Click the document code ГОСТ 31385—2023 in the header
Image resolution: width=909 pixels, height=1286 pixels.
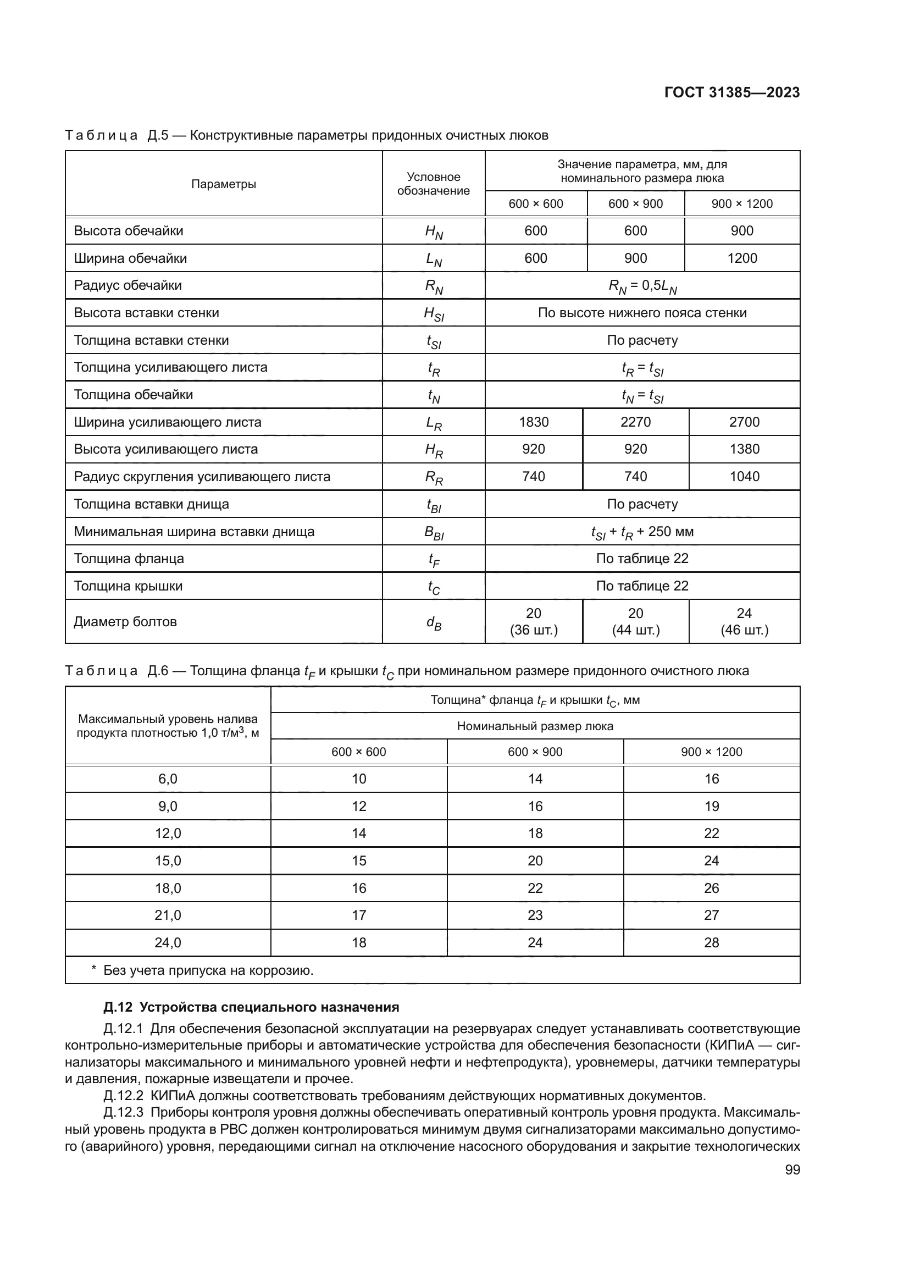[x=731, y=93]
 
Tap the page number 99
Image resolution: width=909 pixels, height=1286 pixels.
[x=792, y=1169]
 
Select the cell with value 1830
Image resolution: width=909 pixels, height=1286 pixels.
[x=534, y=422]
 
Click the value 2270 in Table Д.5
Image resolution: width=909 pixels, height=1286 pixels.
[x=635, y=422]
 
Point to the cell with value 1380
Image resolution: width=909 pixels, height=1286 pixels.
[x=744, y=449]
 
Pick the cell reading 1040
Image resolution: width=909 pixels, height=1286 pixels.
[x=744, y=476]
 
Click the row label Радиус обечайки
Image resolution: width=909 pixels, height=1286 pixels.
[x=128, y=285]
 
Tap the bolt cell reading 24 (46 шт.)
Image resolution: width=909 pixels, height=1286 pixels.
[x=744, y=622]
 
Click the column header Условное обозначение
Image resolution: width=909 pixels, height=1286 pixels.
[x=433, y=184]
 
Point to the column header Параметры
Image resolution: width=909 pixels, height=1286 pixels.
[x=223, y=184]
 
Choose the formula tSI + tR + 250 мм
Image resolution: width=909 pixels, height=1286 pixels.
[x=642, y=532]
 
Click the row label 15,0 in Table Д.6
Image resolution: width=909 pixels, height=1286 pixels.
[x=168, y=861]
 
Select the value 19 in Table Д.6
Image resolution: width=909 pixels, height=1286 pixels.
[x=711, y=806]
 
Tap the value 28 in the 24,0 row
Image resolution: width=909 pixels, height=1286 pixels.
[x=711, y=943]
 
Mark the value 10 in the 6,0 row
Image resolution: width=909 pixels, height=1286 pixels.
[x=359, y=779]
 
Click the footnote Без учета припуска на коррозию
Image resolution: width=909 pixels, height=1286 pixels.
[x=208, y=970]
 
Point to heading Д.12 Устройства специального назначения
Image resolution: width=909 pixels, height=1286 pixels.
[x=251, y=1007]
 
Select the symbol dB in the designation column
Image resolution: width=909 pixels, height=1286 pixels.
[x=433, y=622]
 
